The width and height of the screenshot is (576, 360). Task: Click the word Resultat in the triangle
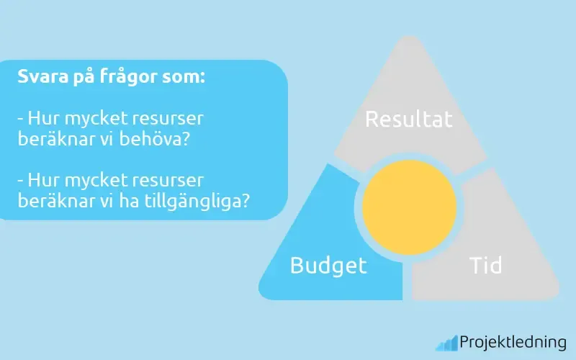pyautogui.click(x=409, y=119)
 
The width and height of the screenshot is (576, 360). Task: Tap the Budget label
pyautogui.click(x=328, y=266)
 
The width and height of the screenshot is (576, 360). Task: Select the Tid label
pyautogui.click(x=485, y=265)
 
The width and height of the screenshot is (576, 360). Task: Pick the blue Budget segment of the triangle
pyautogui.click(x=317, y=238)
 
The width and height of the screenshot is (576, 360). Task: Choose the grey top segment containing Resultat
pyautogui.click(x=409, y=86)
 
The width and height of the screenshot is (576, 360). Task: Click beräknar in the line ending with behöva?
pyautogui.click(x=50, y=139)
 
